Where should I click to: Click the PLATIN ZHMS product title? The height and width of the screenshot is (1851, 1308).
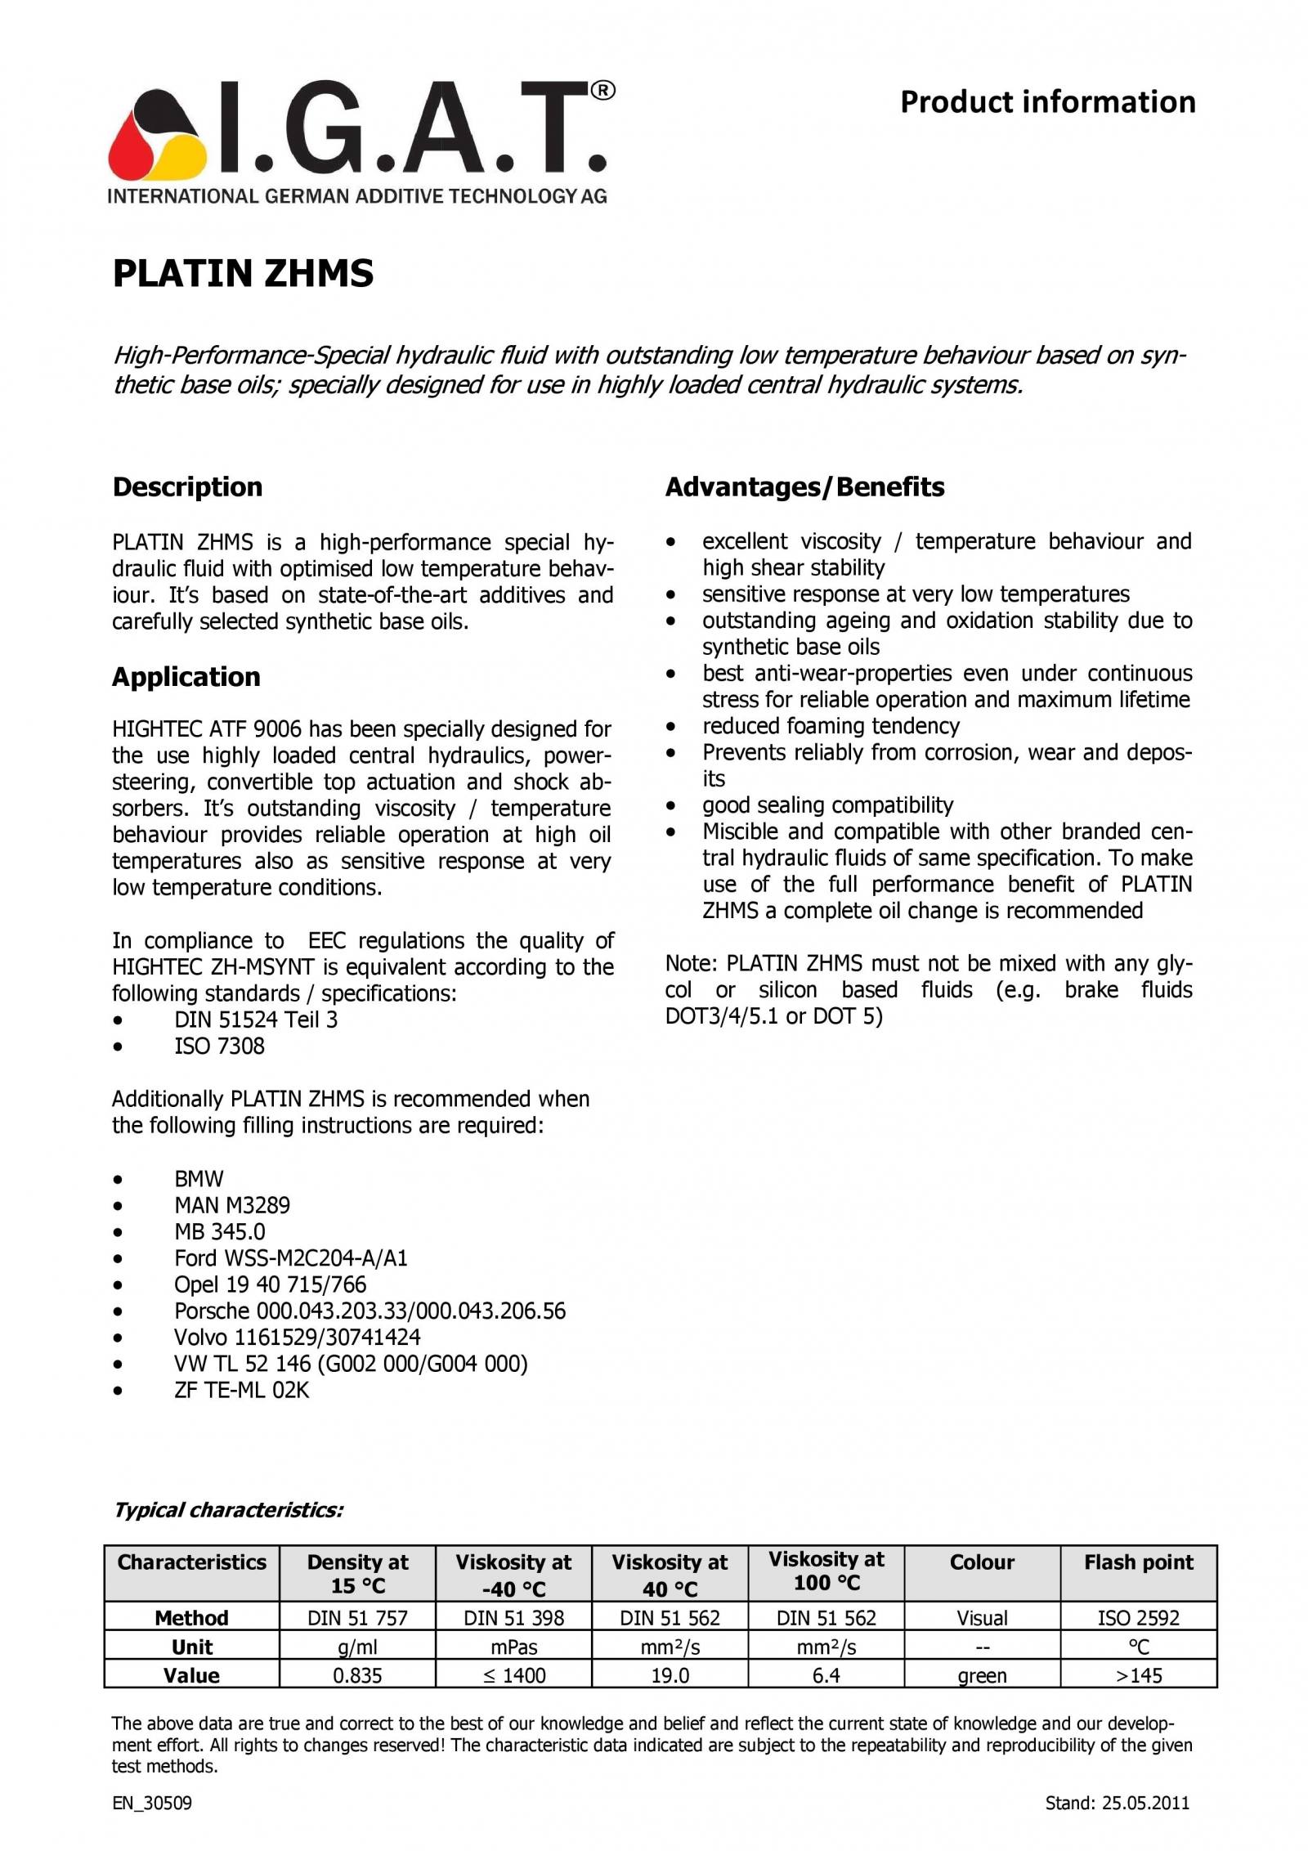(242, 273)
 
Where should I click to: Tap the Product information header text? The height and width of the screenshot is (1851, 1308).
(1047, 103)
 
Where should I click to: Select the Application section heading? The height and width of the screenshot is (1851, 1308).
(186, 677)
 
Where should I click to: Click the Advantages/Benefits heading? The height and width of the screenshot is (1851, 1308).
(804, 487)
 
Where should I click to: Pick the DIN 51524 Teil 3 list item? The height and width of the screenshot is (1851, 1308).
(255, 1020)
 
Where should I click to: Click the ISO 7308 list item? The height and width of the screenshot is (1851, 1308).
(219, 1046)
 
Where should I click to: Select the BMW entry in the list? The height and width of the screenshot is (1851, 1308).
(199, 1179)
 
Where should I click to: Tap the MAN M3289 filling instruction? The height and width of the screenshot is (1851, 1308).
(231, 1205)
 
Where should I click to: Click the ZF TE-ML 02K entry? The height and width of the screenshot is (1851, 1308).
(241, 1390)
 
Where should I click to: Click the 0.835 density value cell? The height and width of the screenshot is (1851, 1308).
(357, 1675)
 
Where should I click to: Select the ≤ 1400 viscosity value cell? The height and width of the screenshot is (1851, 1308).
(513, 1675)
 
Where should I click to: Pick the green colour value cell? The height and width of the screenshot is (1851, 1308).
(981, 1676)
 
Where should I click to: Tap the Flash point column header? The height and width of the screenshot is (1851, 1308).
(1138, 1562)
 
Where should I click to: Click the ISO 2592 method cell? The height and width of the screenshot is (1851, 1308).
(1138, 1617)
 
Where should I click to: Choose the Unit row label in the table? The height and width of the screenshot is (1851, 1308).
(191, 1647)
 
